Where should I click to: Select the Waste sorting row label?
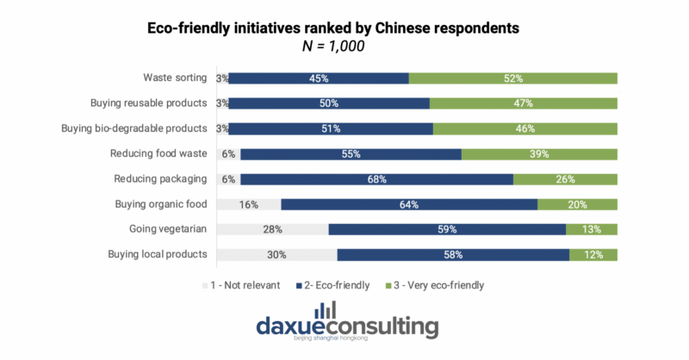(x=175, y=78)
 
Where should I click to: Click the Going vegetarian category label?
(x=164, y=230)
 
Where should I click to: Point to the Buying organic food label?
(x=161, y=205)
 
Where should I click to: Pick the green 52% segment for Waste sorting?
(x=513, y=78)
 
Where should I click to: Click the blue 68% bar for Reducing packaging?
(x=376, y=179)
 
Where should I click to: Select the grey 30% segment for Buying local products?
(x=276, y=255)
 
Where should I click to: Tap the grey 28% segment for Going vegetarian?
(x=272, y=230)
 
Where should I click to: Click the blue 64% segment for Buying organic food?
(x=409, y=205)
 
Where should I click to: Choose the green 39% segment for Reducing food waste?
(x=539, y=154)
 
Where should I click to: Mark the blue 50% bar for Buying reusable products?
(x=329, y=103)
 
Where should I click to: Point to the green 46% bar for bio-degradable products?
(x=525, y=129)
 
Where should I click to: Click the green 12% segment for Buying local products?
(x=593, y=255)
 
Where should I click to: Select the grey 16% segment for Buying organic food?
(x=248, y=205)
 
